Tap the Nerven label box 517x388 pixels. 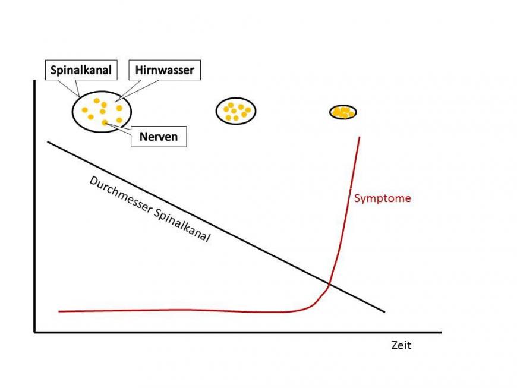pyautogui.click(x=158, y=137)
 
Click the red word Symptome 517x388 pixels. pyautogui.click(x=382, y=198)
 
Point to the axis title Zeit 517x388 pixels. pyautogui.click(x=401, y=345)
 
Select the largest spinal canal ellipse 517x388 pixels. pyautogui.click(x=102, y=111)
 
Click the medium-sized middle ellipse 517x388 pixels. pyautogui.click(x=235, y=111)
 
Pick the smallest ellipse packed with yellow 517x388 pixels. pyautogui.click(x=343, y=112)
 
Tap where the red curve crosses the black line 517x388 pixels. pyautogui.click(x=329, y=284)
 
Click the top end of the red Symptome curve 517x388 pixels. pyautogui.click(x=360, y=138)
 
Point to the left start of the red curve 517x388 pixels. pyautogui.click(x=59, y=311)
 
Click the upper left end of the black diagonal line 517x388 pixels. pyautogui.click(x=48, y=141)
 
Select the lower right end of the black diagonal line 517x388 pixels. pyautogui.click(x=384, y=311)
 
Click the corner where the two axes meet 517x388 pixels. pyautogui.click(x=35, y=332)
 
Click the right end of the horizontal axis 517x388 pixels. pyautogui.click(x=440, y=332)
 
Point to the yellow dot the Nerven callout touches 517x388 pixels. pyautogui.click(x=105, y=122)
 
